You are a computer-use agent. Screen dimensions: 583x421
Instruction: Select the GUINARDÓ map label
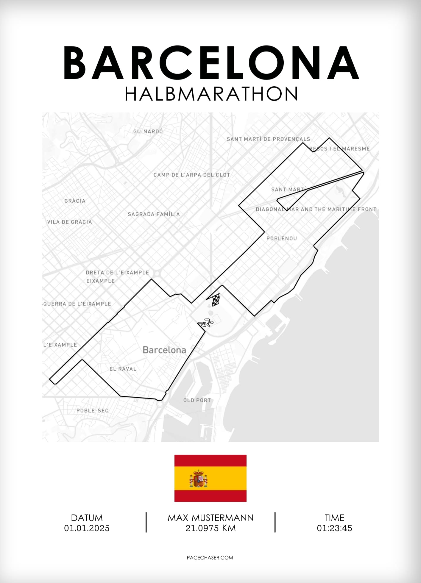pos(148,131)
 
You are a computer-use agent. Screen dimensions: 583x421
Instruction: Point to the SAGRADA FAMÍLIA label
pos(154,214)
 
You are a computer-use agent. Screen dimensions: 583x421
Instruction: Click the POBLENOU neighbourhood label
pos(281,238)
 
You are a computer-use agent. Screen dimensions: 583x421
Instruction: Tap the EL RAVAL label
pos(123,369)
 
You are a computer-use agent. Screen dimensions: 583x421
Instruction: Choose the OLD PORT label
pos(197,400)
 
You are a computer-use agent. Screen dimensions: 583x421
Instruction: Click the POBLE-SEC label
pos(92,410)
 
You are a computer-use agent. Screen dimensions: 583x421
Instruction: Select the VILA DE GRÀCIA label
pos(69,222)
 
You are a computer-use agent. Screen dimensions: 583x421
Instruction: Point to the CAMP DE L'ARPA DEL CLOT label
pos(192,175)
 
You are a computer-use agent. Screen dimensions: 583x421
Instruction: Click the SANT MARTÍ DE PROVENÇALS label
pos(268,139)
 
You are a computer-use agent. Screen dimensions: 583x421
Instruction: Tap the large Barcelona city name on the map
pos(164,350)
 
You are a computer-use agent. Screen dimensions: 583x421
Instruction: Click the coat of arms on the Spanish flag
pos(198,478)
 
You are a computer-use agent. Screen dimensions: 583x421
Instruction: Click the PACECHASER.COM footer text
pos(210,558)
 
